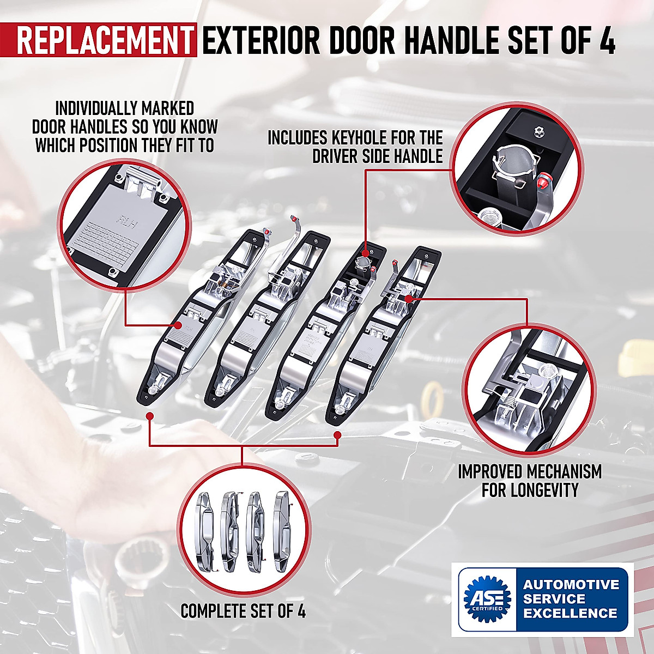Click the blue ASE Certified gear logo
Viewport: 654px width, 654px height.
[x=486, y=599]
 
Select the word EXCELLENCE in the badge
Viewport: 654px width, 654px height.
[x=570, y=613]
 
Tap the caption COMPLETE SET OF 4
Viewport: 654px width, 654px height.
[x=243, y=611]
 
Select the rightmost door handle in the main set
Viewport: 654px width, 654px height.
[x=381, y=338]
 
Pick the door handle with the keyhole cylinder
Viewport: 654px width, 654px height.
[x=322, y=338]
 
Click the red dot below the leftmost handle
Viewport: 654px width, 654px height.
[x=150, y=416]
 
